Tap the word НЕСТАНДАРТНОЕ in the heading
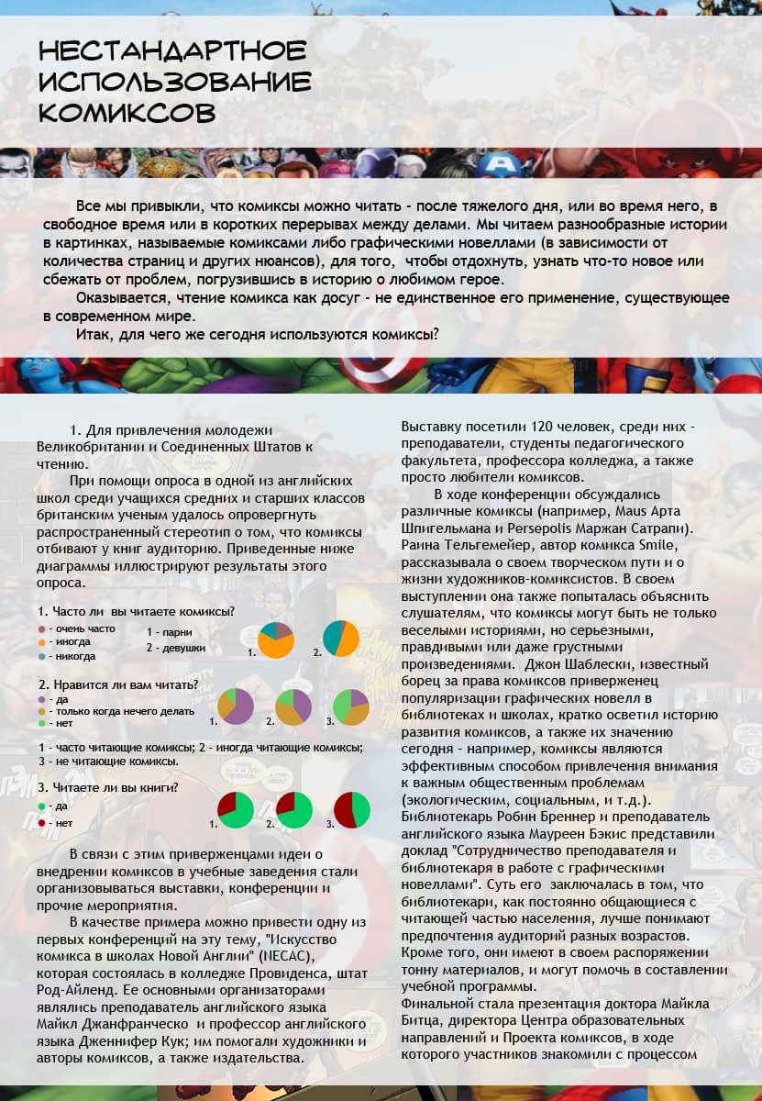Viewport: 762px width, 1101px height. click(x=172, y=50)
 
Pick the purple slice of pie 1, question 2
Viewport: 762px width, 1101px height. click(x=240, y=708)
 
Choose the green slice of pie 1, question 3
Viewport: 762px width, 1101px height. click(x=240, y=812)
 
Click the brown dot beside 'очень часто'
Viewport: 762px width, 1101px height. click(x=42, y=628)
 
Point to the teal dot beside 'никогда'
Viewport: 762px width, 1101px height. click(x=42, y=656)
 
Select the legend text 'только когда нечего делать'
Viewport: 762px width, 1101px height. click(x=122, y=711)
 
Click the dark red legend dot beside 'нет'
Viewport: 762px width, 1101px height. click(x=42, y=823)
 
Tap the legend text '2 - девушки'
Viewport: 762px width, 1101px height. click(x=176, y=648)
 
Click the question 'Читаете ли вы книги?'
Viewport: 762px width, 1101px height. click(x=107, y=787)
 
